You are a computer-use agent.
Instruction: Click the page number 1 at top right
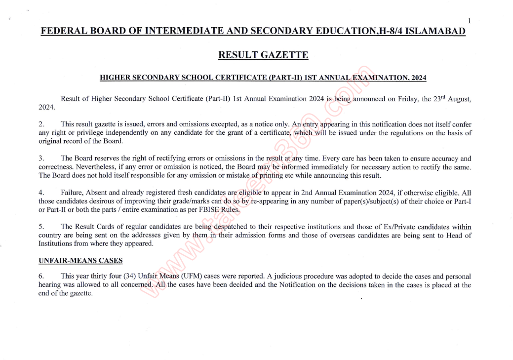click(470, 21)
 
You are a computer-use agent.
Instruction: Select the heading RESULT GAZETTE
click(263, 55)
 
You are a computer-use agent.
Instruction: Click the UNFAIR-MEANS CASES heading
click(80, 260)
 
